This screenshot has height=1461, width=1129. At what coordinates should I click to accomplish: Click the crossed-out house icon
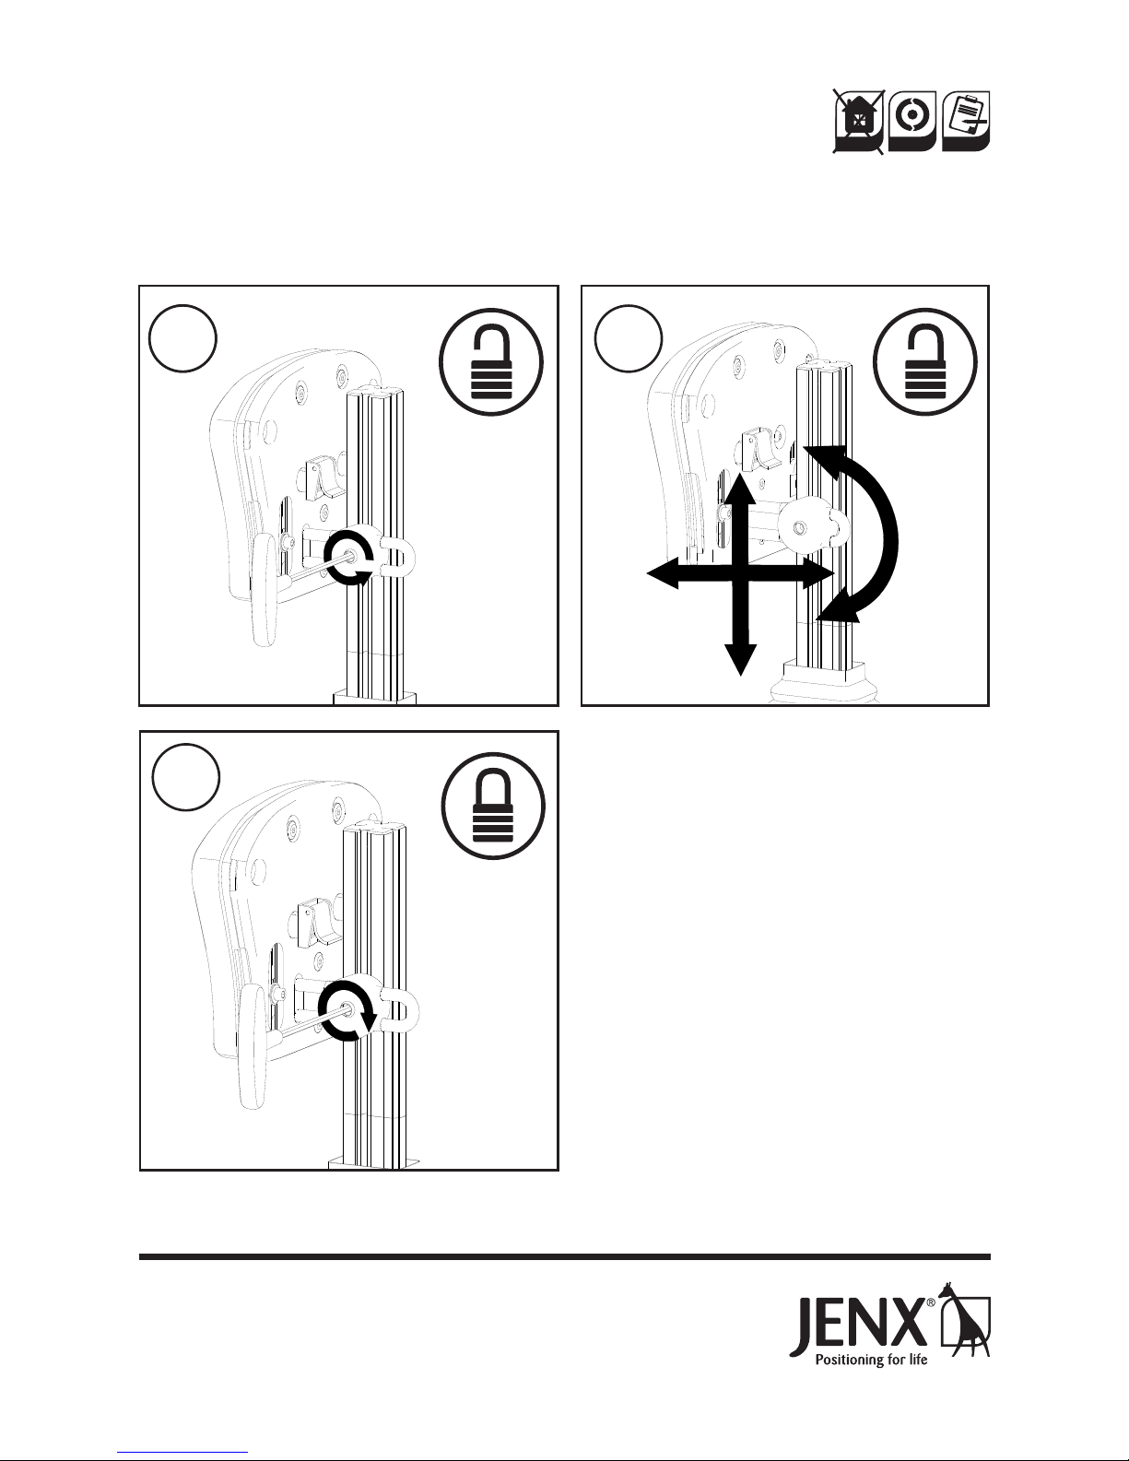tap(858, 122)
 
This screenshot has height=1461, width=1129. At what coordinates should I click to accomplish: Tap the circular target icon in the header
tap(911, 121)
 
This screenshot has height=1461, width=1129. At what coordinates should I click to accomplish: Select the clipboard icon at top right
tap(966, 121)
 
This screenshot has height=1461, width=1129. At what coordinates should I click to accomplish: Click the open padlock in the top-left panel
tap(491, 361)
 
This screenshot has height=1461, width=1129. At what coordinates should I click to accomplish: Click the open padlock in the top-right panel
tap(925, 361)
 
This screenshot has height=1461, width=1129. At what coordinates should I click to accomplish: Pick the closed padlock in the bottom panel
tap(494, 806)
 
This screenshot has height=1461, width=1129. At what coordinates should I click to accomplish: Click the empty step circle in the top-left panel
tap(182, 338)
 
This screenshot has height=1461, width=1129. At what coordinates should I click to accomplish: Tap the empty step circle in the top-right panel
tap(629, 338)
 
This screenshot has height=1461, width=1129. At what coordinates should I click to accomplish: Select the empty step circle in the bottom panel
tap(185, 777)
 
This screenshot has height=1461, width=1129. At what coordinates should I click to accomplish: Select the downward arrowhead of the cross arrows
tap(740, 660)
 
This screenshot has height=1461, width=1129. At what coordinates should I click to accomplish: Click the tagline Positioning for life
tap(871, 1360)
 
